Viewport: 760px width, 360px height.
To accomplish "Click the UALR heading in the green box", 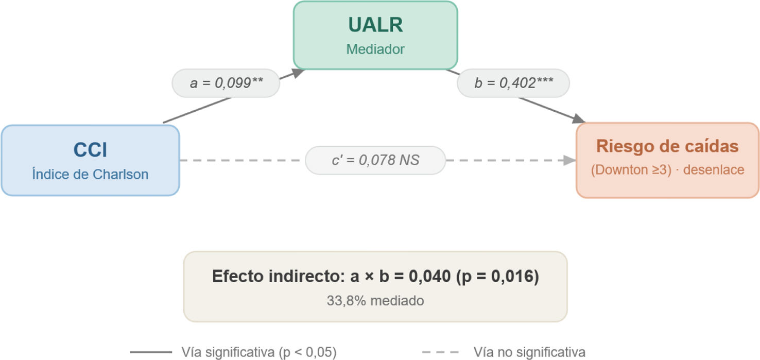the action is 375,25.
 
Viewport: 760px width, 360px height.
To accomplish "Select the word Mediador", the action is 375,49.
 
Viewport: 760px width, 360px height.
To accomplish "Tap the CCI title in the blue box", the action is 90,150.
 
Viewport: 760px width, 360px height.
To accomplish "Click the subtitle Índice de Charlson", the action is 90,174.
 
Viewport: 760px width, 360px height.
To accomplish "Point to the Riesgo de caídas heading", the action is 667,146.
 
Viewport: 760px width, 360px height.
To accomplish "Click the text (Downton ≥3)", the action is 631,169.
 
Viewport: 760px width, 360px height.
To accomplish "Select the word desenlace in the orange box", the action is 714,169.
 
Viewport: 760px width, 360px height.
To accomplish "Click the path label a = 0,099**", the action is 227,83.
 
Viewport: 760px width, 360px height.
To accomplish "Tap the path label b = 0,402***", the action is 514,83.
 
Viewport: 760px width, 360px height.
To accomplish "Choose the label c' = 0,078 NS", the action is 375,160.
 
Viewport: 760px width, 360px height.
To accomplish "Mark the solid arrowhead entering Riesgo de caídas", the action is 578,119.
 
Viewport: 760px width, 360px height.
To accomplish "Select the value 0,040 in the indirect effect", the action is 429,276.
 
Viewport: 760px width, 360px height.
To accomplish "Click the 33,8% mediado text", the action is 375,301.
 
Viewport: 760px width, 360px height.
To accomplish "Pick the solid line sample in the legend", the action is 151,352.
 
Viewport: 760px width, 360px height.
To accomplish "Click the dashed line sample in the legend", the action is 440,352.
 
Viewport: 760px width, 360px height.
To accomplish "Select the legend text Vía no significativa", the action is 529,352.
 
